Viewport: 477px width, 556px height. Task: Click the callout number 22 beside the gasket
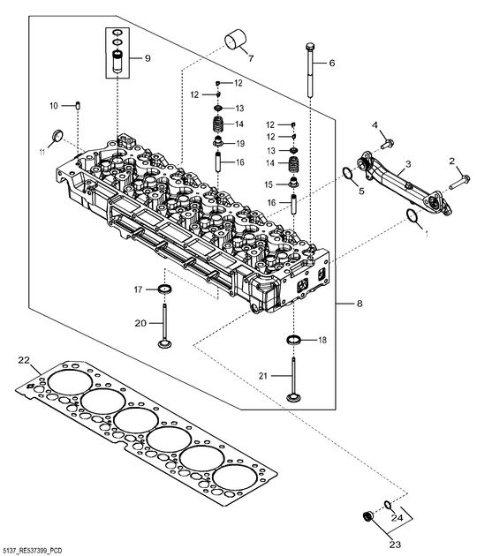24,360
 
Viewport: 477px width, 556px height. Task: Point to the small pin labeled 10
78,106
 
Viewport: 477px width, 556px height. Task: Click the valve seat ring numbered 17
164,289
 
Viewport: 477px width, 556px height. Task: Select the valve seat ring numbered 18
293,340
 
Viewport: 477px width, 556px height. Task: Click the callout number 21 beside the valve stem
262,376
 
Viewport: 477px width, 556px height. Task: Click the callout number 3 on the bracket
408,164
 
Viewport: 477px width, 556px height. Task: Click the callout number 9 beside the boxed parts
148,58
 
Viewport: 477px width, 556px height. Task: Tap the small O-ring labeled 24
387,504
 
